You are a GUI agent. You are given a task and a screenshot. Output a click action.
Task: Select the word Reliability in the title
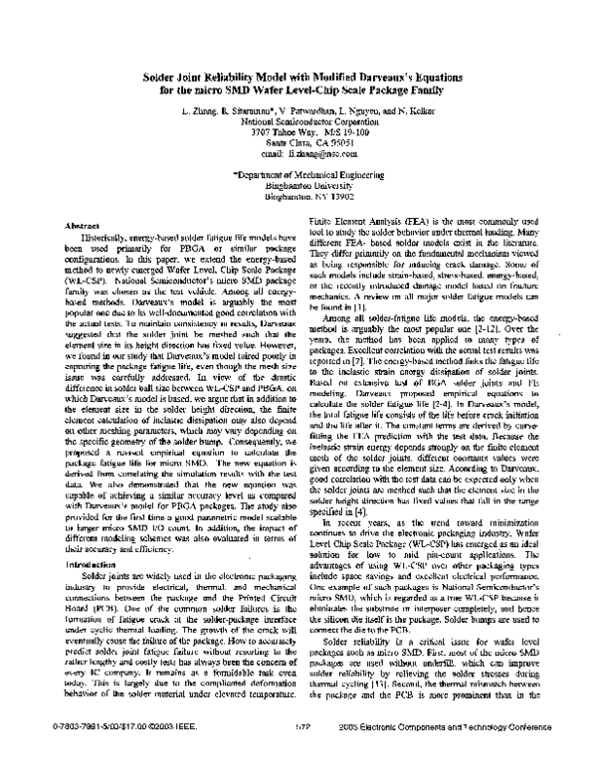228,75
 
